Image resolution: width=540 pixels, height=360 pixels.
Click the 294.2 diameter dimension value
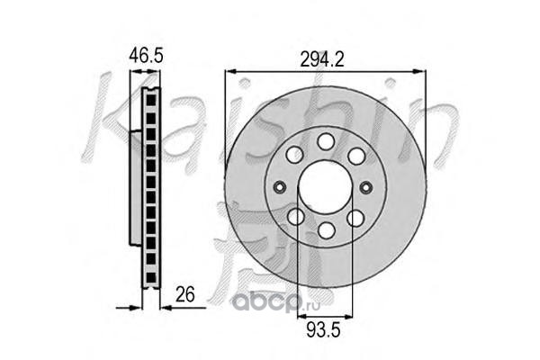pos(322,59)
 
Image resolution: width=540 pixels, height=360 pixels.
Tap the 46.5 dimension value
pos(146,55)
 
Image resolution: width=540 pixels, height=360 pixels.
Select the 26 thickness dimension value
pos(184,294)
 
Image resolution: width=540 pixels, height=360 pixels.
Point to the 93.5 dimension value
pos(323,330)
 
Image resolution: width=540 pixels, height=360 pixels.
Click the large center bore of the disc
pos(325,187)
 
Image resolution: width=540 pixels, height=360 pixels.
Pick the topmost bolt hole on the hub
pos(326,141)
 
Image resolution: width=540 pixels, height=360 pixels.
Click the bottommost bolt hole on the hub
pos(327,230)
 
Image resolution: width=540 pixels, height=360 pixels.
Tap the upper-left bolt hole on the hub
pos(295,154)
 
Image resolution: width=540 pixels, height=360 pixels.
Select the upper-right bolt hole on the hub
pos(356,156)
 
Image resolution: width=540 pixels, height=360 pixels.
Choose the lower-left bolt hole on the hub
pos(296,217)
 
